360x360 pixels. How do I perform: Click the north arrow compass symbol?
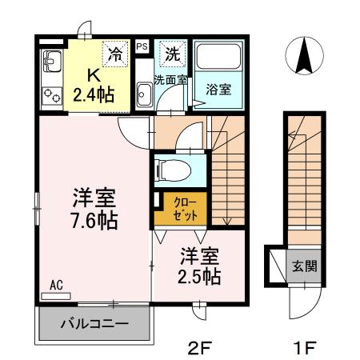click(304, 56)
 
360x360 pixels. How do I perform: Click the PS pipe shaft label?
click(142, 47)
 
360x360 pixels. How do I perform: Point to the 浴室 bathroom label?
click(219, 89)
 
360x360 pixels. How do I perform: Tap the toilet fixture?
click(170, 170)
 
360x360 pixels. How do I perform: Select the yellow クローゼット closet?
click(182, 207)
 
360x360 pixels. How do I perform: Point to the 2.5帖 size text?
click(199, 277)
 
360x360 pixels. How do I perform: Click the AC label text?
click(56, 285)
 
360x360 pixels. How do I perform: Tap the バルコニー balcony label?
click(95, 325)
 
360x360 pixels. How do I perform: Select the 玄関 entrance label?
click(304, 265)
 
